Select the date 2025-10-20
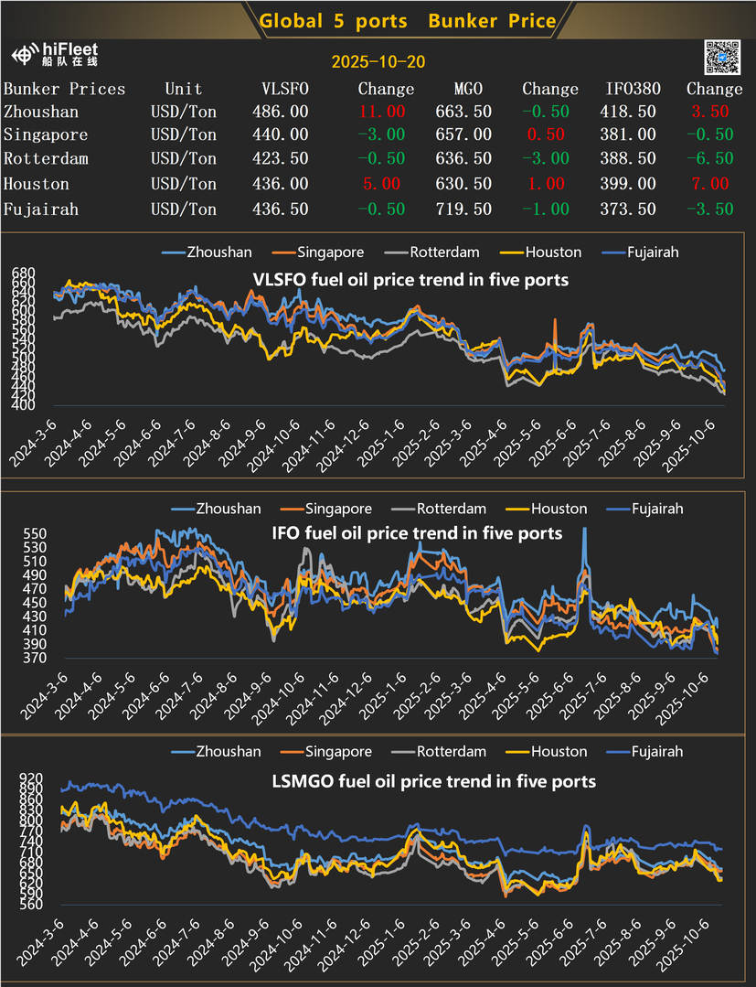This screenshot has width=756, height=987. (378, 62)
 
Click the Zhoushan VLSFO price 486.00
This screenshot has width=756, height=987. (280, 112)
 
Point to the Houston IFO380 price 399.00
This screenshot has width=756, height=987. (631, 184)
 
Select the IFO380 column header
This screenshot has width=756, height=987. (631, 89)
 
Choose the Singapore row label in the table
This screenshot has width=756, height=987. (46, 135)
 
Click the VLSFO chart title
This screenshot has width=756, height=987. (410, 279)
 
